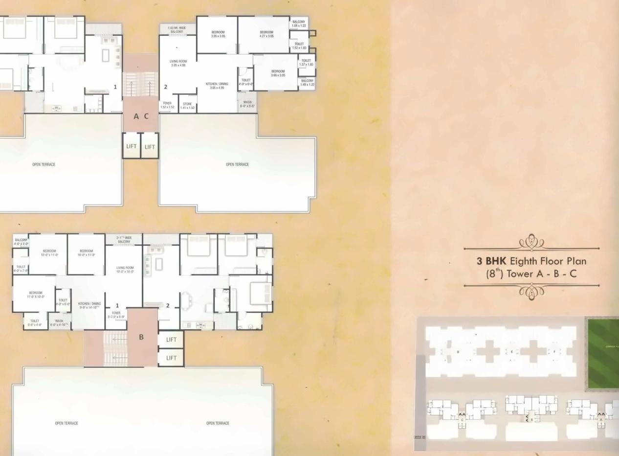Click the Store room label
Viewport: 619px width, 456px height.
coord(187,105)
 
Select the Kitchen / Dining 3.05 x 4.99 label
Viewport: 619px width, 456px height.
coord(217,86)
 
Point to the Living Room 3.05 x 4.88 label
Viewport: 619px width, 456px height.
coord(178,63)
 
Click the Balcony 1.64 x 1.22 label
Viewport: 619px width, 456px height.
coord(298,24)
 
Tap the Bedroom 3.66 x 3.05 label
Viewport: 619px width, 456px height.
coord(278,73)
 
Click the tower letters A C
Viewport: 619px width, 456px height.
coord(141,116)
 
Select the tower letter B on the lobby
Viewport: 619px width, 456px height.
coord(141,337)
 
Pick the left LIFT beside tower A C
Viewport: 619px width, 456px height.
coord(132,147)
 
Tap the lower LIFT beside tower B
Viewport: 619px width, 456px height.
coord(171,358)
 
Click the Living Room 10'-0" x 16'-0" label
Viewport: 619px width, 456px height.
coord(125,270)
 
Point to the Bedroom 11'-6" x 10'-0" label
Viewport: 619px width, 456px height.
coord(35,295)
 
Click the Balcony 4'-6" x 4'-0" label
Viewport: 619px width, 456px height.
coord(21,242)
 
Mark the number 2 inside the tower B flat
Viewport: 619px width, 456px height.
coord(168,306)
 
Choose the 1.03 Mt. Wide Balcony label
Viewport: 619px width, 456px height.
coord(177,30)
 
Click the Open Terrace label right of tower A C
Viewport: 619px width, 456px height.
coord(237,164)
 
